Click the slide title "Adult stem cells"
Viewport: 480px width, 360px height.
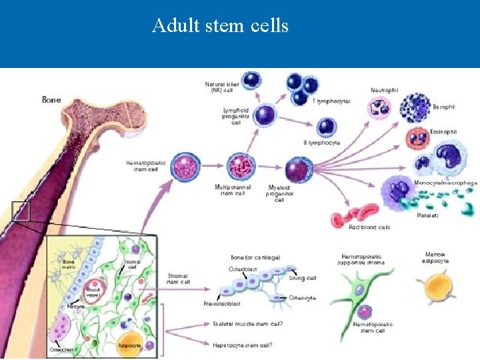220,26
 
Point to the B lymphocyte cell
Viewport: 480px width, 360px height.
327,127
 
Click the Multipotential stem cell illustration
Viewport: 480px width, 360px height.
237,166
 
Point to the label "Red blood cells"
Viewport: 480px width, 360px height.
369,227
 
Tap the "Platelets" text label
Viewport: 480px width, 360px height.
427,215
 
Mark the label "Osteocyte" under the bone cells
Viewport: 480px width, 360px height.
303,297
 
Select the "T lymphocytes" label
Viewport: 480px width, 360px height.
331,101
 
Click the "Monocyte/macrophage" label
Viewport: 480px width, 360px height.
446,183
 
